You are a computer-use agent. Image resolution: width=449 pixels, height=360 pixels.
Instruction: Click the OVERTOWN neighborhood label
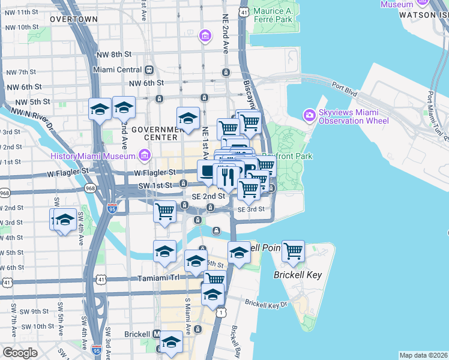73,19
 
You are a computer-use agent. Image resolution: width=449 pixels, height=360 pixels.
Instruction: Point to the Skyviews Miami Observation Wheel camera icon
309,115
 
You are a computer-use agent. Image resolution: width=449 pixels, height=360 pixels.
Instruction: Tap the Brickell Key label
298,275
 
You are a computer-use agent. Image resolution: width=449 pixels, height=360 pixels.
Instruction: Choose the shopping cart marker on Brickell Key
293,251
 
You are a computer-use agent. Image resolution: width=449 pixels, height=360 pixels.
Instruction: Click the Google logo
20,352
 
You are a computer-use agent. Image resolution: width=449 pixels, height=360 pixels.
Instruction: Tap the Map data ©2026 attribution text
423,355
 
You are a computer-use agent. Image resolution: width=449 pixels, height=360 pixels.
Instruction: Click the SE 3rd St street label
251,209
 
